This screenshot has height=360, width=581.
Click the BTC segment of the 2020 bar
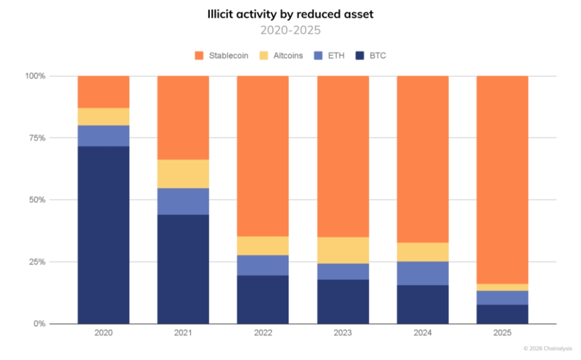[103, 235]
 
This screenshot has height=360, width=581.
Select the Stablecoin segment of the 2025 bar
[502, 180]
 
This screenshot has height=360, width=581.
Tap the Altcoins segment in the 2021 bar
[183, 174]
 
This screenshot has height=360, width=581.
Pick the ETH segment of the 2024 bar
[422, 274]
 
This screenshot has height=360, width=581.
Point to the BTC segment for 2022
[263, 299]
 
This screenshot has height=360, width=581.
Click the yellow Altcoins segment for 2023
[343, 250]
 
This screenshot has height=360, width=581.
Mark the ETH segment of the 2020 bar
[103, 136]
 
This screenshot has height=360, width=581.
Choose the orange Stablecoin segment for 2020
[103, 92]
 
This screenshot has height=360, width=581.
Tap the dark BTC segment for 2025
[502, 314]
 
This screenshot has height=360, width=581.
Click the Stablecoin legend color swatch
[199, 55]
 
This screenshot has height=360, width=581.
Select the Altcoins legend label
[288, 55]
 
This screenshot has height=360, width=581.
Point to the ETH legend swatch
[318, 55]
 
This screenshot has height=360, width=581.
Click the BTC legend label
[377, 55]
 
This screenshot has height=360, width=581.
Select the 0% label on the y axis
[39, 324]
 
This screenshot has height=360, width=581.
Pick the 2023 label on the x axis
[343, 333]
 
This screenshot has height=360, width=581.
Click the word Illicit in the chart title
[220, 14]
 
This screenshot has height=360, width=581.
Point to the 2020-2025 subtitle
[290, 30]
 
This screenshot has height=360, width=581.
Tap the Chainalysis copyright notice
[548, 348]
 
